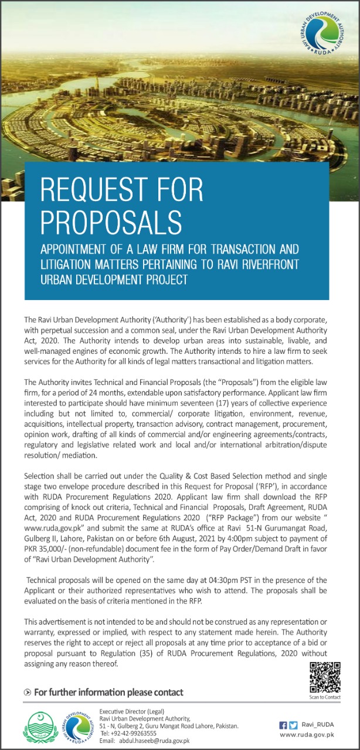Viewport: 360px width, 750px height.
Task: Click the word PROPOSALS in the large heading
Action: click(x=111, y=220)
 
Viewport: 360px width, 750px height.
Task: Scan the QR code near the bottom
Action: click(x=324, y=677)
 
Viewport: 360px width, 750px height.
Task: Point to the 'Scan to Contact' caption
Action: click(x=324, y=697)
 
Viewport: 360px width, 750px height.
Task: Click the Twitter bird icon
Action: click(x=294, y=725)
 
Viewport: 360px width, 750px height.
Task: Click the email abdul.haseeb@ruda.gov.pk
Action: click(x=154, y=741)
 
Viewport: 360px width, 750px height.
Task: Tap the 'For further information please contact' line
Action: click(x=108, y=693)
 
